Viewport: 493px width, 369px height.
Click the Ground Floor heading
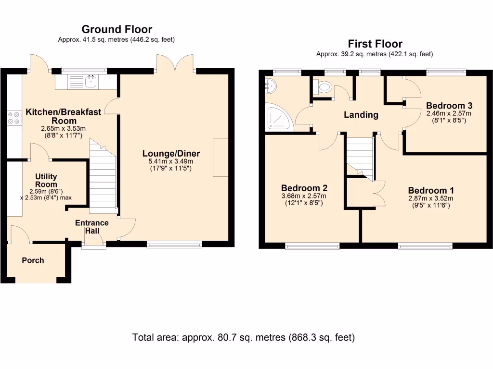[117, 29]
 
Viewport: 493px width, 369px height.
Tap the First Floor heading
[375, 44]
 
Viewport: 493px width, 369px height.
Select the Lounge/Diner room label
[171, 153]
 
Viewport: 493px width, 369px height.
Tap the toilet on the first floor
[323, 86]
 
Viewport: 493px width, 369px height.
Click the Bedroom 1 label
[431, 190]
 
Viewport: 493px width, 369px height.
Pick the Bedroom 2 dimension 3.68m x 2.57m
[304, 196]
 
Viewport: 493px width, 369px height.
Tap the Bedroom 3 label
[449, 106]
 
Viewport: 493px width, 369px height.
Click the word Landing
[361, 115]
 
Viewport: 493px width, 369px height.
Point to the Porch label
[33, 260]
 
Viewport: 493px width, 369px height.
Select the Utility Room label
[46, 181]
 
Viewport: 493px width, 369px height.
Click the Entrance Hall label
[92, 227]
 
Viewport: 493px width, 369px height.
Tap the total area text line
[243, 337]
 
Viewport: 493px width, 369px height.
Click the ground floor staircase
[103, 177]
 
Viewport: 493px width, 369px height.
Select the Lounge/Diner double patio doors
[175, 64]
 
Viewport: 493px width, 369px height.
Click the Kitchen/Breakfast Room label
[64, 116]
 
